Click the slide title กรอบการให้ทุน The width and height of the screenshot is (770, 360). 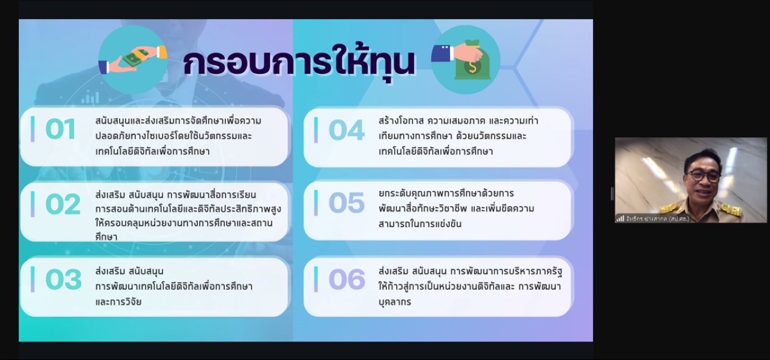click(299, 62)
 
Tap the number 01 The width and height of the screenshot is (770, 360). click(60, 129)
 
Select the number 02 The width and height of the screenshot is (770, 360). click(63, 204)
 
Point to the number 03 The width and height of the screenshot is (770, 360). click(63, 279)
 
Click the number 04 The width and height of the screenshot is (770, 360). click(347, 130)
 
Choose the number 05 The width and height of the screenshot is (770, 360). click(347, 203)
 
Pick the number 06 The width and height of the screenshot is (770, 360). click(347, 279)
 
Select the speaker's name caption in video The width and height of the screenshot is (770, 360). click(657, 219)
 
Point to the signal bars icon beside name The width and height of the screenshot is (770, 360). click(620, 219)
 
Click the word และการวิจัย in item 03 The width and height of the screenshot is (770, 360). click(118, 302)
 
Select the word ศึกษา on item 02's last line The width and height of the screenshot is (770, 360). click(106, 237)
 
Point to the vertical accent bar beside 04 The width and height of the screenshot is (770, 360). click(316, 130)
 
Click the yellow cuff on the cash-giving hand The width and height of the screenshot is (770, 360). click(162, 52)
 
